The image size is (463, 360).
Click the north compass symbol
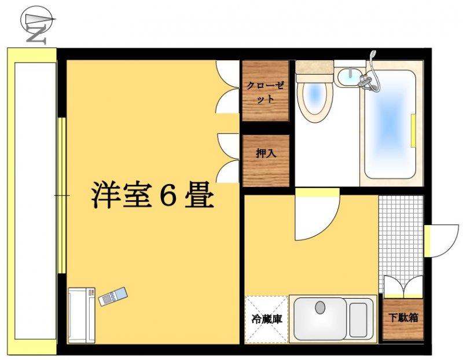(37, 25)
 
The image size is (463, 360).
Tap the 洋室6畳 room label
(152, 195)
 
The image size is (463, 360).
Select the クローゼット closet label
(266, 92)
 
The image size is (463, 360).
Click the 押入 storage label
(266, 153)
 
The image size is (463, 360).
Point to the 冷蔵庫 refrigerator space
(266, 319)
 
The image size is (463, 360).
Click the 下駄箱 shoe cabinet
(403, 319)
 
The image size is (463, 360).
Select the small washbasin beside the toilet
(350, 77)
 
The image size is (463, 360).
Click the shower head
(373, 54)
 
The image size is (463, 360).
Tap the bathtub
(390, 124)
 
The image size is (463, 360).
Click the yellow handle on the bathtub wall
(413, 130)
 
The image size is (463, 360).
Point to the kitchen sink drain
(320, 307)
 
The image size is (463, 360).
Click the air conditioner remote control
(112, 296)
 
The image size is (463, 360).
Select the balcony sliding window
(61, 196)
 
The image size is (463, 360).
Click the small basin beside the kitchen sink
(358, 320)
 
